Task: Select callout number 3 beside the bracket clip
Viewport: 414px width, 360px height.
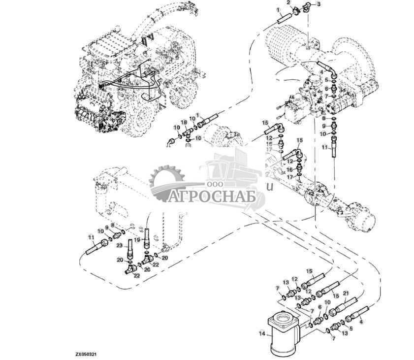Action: [318, 4]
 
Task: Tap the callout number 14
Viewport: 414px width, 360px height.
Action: [261, 333]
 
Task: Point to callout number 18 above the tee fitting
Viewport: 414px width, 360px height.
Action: [183, 122]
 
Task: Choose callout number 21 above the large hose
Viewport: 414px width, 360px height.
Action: [345, 294]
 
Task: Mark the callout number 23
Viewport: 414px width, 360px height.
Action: [119, 245]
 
